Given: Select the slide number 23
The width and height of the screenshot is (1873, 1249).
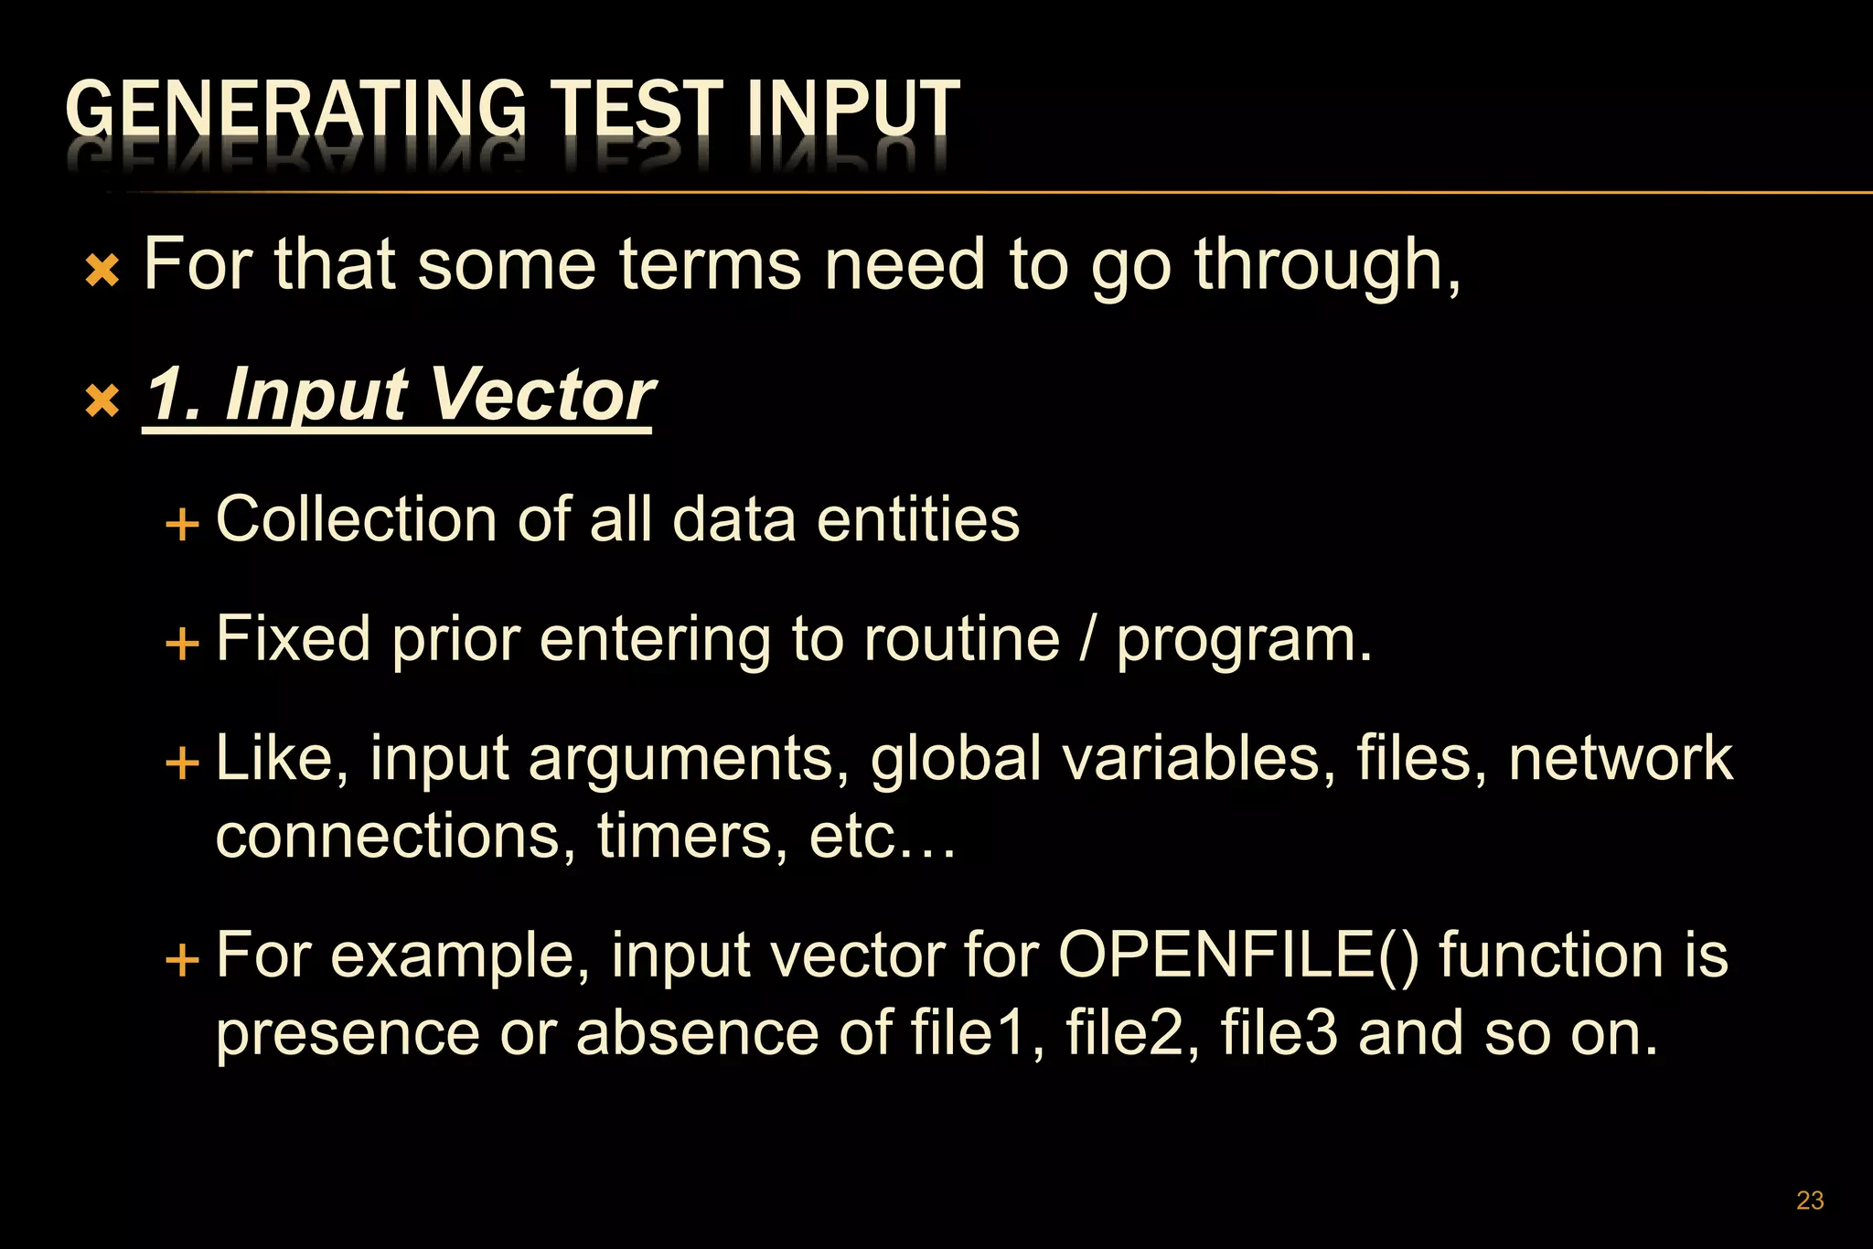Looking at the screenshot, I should pyautogui.click(x=1810, y=1200).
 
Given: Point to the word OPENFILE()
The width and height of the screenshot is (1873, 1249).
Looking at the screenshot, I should pyautogui.click(x=1239, y=955).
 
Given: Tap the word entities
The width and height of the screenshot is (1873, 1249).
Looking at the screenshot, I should pyautogui.click(x=917, y=519).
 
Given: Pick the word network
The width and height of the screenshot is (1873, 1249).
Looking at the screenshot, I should pyautogui.click(x=1621, y=759).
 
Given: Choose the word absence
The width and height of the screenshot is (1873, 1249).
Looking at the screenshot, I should pyautogui.click(x=699, y=1033).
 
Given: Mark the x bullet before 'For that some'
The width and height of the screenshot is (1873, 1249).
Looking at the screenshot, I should pyautogui.click(x=102, y=271).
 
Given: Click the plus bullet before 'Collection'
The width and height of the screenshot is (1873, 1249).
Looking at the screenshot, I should pyautogui.click(x=182, y=525).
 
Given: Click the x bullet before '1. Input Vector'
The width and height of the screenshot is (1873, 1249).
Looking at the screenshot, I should pyautogui.click(x=102, y=400).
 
